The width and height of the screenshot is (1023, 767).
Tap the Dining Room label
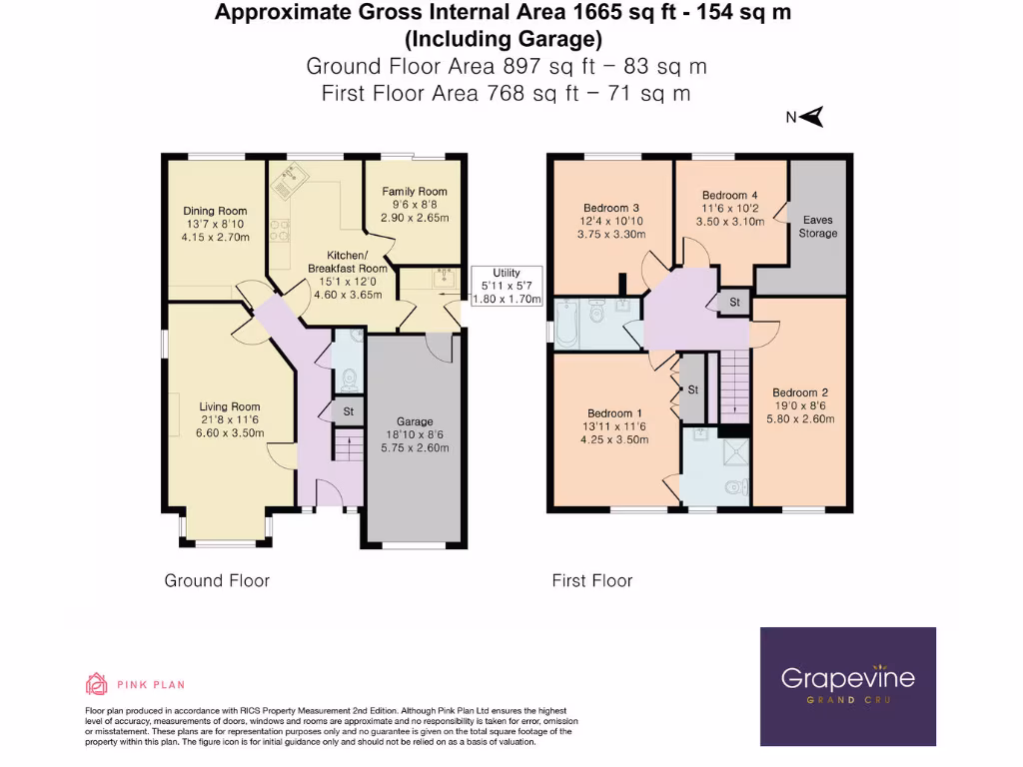pyautogui.click(x=215, y=211)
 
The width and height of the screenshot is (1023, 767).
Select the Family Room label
pyautogui.click(x=420, y=191)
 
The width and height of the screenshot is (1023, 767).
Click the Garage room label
pyautogui.click(x=415, y=421)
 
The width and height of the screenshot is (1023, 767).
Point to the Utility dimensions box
pyautogui.click(x=506, y=286)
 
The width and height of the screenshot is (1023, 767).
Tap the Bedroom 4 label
pyautogui.click(x=723, y=195)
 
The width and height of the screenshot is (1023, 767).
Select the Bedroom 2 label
pyautogui.click(x=800, y=392)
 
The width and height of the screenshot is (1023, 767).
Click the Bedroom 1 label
pyautogui.click(x=615, y=413)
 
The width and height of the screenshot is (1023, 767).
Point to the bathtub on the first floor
pyautogui.click(x=566, y=323)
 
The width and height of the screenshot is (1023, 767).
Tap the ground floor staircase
pyautogui.click(x=348, y=444)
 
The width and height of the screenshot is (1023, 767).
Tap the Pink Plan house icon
pyautogui.click(x=97, y=684)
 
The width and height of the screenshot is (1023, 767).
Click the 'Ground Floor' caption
pyautogui.click(x=217, y=580)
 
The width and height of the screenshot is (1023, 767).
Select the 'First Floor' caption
pyautogui.click(x=592, y=580)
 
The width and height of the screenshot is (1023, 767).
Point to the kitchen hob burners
pyautogui.click(x=280, y=233)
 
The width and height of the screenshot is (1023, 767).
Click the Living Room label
pyautogui.click(x=230, y=406)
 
